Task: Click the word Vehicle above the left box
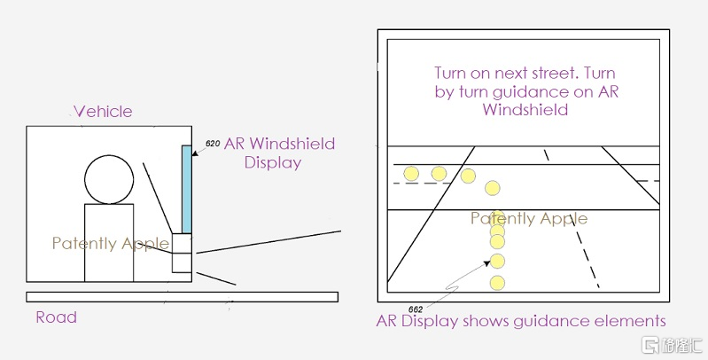(x=103, y=112)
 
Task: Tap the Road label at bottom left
(x=56, y=317)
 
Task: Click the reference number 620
(x=213, y=143)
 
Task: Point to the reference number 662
(x=416, y=309)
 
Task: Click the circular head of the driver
(x=109, y=178)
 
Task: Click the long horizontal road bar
(x=181, y=296)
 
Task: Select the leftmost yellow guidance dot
(x=410, y=173)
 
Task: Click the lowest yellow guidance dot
(x=497, y=284)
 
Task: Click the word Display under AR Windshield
(x=273, y=162)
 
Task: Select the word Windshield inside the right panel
(x=525, y=110)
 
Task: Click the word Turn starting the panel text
(x=451, y=73)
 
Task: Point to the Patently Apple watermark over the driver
(x=109, y=244)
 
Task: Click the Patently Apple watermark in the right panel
(x=529, y=219)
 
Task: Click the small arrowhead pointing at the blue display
(x=194, y=153)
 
